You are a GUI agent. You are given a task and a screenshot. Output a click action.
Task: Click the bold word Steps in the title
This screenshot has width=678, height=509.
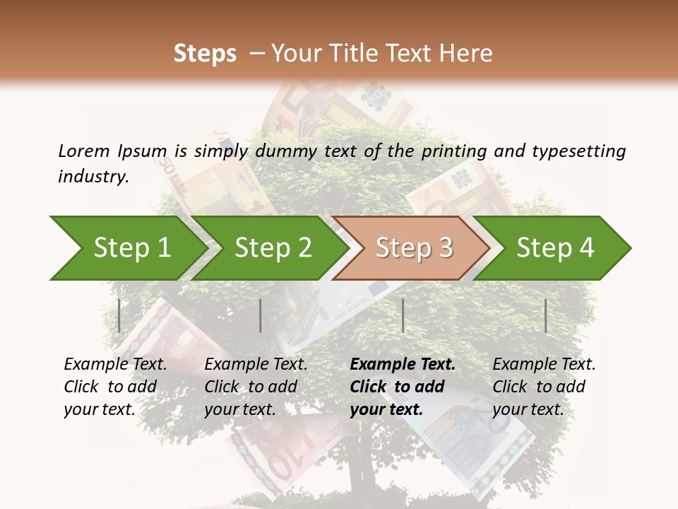pyautogui.click(x=205, y=54)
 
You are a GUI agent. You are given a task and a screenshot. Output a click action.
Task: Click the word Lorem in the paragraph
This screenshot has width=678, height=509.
pyautogui.click(x=84, y=151)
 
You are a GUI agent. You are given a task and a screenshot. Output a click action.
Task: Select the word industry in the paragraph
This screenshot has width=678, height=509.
pyautogui.click(x=93, y=176)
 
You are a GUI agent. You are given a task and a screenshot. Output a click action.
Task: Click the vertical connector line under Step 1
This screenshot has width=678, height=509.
pyautogui.click(x=119, y=315)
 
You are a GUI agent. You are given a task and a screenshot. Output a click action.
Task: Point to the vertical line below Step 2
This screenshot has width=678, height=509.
pyautogui.click(x=261, y=315)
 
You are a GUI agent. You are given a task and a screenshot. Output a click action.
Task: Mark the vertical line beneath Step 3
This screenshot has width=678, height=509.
pyautogui.click(x=403, y=315)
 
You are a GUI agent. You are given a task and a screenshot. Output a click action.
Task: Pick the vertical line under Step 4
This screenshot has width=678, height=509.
pyautogui.click(x=545, y=315)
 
